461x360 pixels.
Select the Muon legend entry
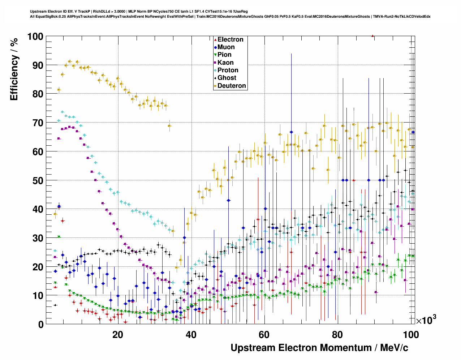point(226,47)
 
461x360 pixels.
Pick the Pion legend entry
point(224,55)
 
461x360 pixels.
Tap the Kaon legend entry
point(225,63)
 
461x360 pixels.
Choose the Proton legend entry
point(228,70)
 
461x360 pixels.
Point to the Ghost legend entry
point(227,78)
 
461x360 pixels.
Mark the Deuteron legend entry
point(231,86)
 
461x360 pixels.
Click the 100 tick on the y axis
point(35,37)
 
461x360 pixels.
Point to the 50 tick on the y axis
point(38,180)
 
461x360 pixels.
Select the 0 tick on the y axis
point(40,324)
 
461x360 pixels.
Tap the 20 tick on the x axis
point(117,334)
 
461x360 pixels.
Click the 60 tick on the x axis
point(264,334)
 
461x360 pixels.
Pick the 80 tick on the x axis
point(337,334)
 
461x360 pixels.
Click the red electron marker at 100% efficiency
point(372,36)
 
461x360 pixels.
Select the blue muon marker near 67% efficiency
point(291,132)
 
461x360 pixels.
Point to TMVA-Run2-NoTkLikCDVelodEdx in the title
point(402,16)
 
